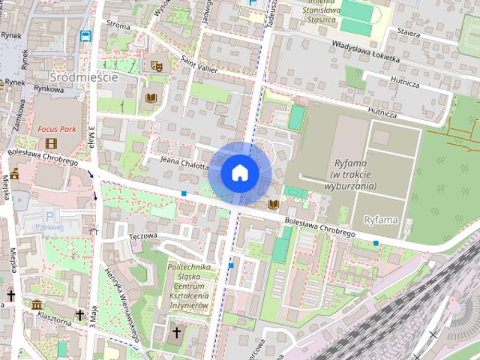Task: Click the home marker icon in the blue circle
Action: click(x=239, y=172)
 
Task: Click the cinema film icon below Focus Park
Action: click(x=51, y=143)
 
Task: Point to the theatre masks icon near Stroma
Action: click(x=157, y=66)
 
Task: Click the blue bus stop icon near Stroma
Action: click(x=86, y=35)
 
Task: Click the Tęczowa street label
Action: click(x=142, y=235)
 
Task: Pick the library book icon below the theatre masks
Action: click(x=151, y=97)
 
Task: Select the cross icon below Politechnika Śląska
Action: click(x=177, y=332)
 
